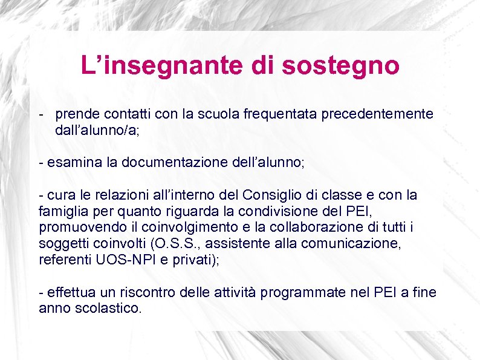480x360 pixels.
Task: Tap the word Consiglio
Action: [273, 195]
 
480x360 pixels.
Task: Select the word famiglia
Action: [62, 212]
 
